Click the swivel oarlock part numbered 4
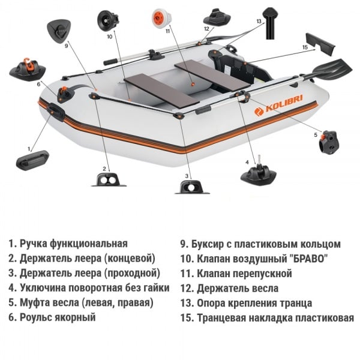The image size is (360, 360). click(258, 174)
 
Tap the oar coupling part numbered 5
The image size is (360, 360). click(331, 142)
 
